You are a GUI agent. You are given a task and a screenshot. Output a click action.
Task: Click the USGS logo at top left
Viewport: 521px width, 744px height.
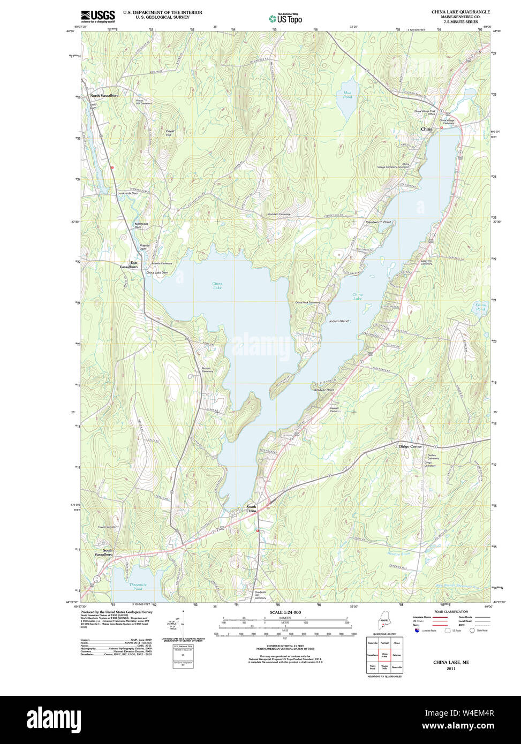97,17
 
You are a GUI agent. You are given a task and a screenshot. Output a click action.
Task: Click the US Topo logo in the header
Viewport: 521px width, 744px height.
285,18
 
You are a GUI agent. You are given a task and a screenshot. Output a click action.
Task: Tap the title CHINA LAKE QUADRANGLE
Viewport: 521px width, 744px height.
460,12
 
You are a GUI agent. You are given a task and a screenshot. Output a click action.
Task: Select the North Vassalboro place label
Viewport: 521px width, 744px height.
104,95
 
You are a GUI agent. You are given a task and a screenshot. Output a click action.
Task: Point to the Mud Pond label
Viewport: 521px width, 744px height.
348,95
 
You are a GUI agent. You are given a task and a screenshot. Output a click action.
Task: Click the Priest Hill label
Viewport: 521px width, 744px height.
170,133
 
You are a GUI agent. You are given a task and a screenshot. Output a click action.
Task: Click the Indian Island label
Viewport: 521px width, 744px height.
338,321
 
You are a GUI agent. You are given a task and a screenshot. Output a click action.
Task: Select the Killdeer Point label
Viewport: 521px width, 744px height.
324,390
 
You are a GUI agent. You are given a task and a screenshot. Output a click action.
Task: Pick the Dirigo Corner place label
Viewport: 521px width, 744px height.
410,446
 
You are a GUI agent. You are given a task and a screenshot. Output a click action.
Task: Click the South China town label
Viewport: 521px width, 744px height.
251,508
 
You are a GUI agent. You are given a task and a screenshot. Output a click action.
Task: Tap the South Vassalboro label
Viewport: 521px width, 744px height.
104,552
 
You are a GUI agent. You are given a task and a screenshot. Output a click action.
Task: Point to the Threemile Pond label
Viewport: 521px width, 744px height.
138,587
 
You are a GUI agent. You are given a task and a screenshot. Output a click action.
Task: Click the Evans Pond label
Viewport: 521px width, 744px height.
480,307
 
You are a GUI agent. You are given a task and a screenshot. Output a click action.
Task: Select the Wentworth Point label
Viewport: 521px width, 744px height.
378,222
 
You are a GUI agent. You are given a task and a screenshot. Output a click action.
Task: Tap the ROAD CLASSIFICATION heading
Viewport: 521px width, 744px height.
451,611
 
